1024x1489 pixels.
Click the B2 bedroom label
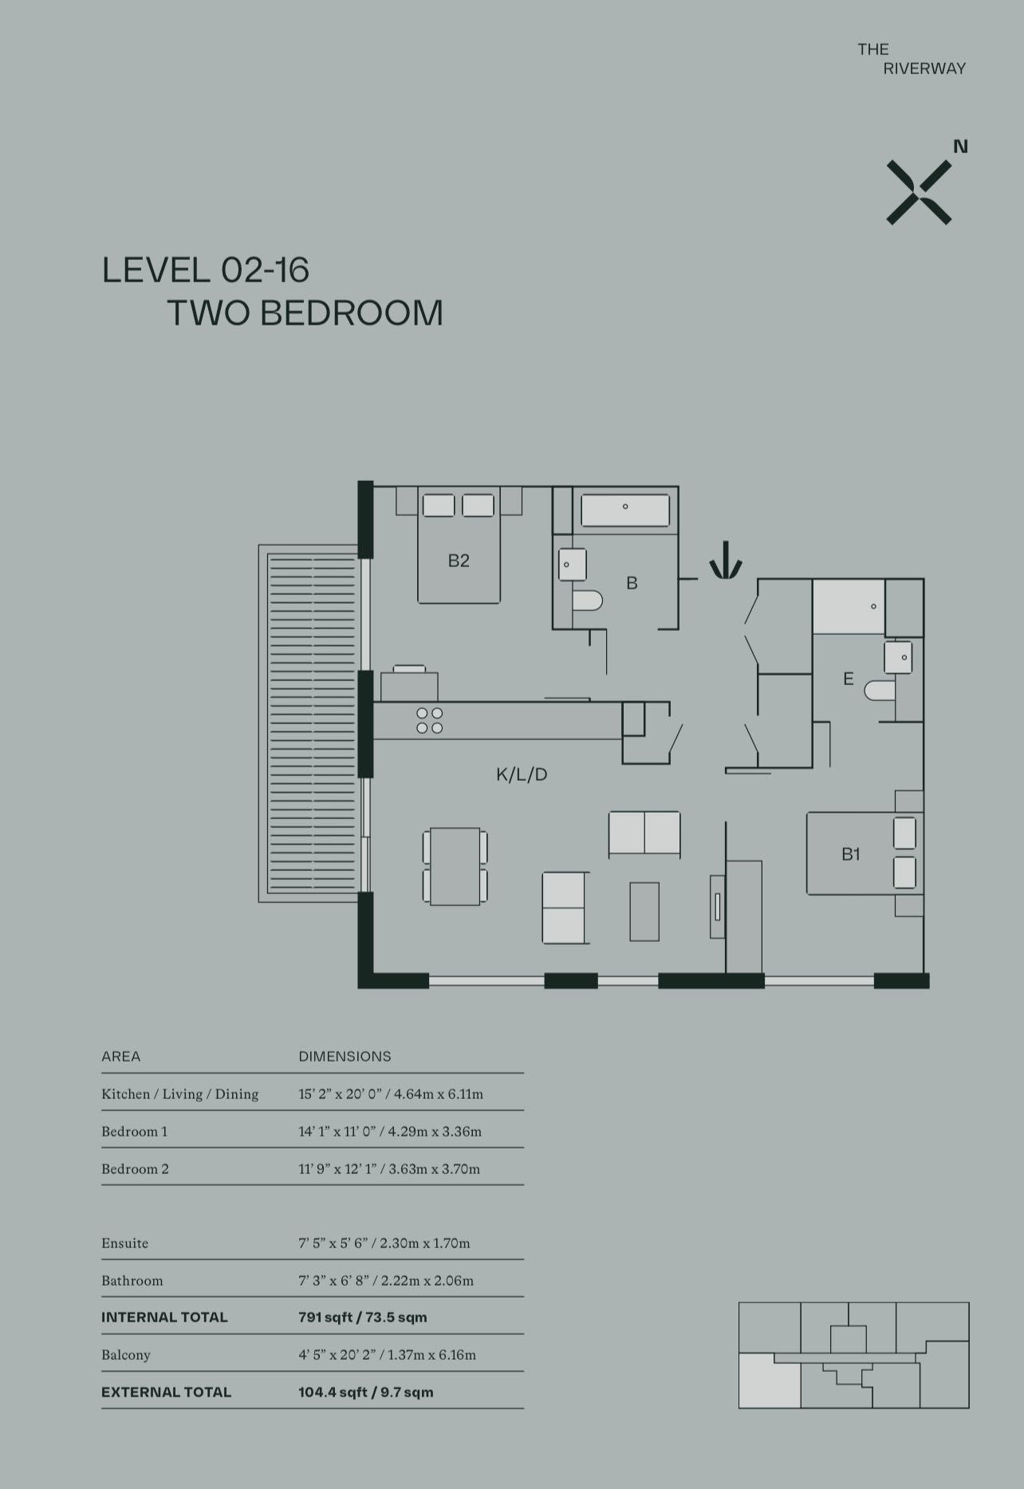tap(459, 561)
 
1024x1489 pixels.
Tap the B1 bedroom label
tap(851, 854)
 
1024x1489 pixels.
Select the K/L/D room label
tap(522, 774)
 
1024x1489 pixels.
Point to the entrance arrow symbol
tap(726, 560)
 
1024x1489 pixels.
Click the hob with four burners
tap(430, 720)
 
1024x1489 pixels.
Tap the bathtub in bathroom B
tap(625, 510)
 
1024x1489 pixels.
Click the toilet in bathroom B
tap(587, 600)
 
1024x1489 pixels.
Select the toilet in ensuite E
tap(880, 690)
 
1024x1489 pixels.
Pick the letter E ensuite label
tap(849, 679)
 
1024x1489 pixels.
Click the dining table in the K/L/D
tap(455, 866)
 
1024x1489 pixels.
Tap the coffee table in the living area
tap(644, 912)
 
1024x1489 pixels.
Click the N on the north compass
tap(961, 147)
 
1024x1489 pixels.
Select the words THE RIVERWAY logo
tap(912, 59)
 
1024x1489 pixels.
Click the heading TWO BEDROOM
tap(305, 313)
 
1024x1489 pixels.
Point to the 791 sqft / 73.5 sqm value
tap(363, 1318)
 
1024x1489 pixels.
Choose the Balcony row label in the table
tap(126, 1355)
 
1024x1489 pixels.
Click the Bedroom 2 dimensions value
tap(389, 1169)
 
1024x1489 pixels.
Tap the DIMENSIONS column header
tap(345, 1057)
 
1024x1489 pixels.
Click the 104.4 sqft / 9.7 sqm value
tap(366, 1392)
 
